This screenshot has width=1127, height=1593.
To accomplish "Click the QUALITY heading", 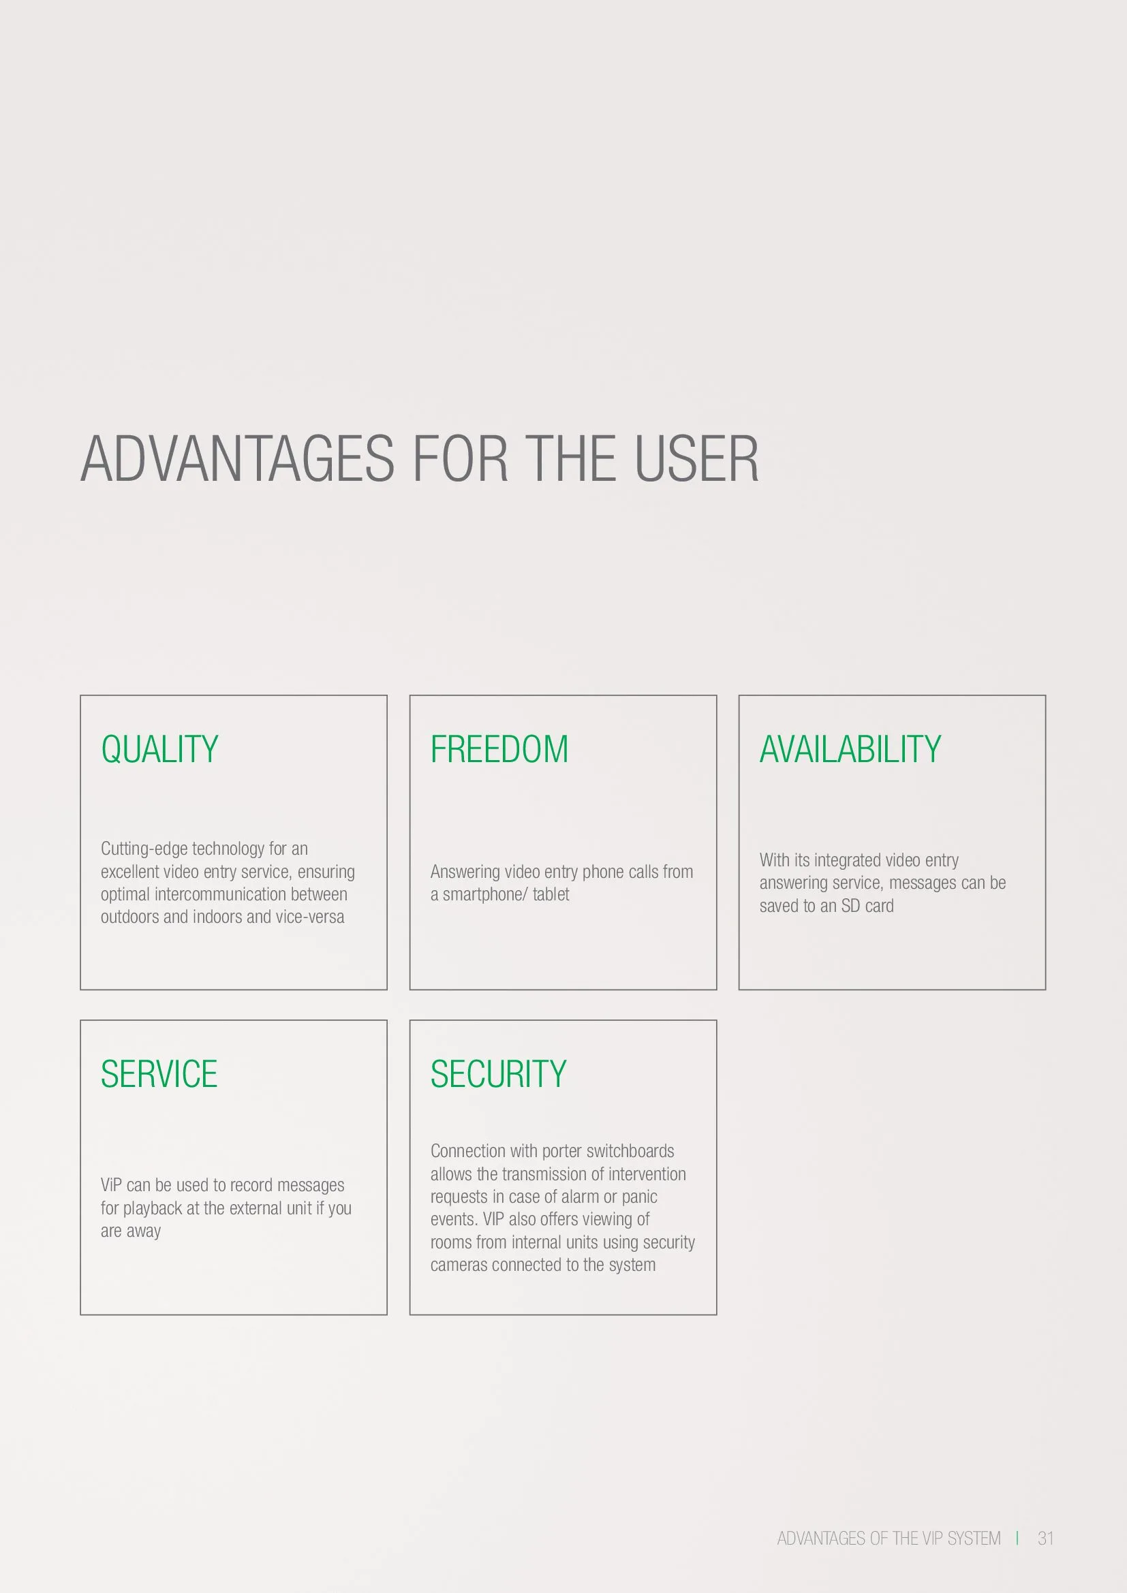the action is point(159,750).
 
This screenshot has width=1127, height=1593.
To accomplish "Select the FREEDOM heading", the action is point(499,749).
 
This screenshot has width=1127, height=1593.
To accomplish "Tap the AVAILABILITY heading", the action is point(850,749).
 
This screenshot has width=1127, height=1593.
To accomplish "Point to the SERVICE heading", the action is point(159,1074).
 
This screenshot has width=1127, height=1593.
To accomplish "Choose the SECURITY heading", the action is point(498,1074).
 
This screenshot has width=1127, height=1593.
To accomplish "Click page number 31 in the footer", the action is point(1046,1539).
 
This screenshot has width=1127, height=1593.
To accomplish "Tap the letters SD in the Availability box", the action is point(851,905).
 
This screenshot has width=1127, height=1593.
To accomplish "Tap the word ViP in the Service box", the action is point(111,1185).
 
